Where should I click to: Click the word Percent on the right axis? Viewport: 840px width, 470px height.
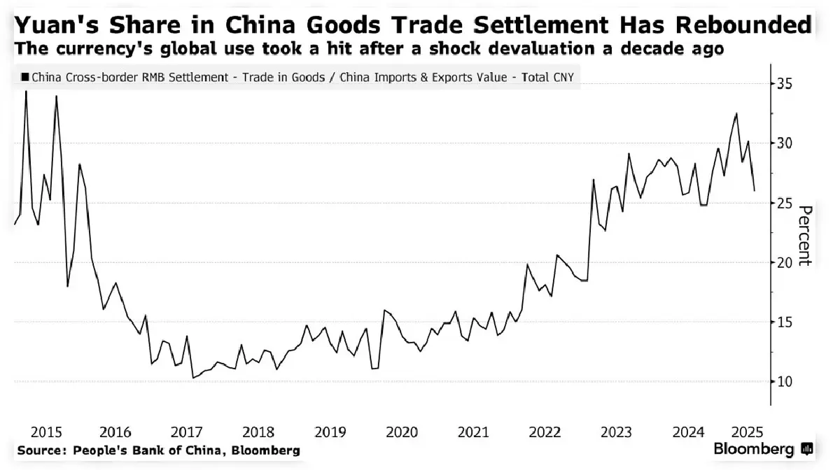click(804, 236)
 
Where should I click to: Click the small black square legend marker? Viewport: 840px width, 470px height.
click(25, 78)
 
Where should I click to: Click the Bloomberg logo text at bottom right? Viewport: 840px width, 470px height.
click(753, 450)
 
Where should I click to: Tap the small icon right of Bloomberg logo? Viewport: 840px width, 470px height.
click(807, 450)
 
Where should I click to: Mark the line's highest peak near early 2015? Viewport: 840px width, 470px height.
click(26, 91)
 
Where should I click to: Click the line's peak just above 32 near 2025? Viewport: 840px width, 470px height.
click(736, 113)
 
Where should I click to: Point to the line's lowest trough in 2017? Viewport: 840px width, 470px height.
click(192, 378)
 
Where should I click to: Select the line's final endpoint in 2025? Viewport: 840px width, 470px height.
click(755, 190)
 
